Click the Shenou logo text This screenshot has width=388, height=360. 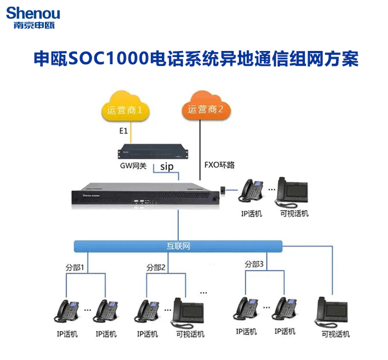click(x=33, y=13)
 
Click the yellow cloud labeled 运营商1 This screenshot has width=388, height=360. click(x=125, y=109)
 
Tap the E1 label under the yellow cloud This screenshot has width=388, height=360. click(x=122, y=130)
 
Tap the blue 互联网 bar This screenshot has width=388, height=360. click(x=178, y=247)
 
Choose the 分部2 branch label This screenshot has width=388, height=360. click(x=156, y=267)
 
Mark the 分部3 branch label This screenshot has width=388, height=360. click(x=255, y=264)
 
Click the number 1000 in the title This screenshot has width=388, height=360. click(x=130, y=59)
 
